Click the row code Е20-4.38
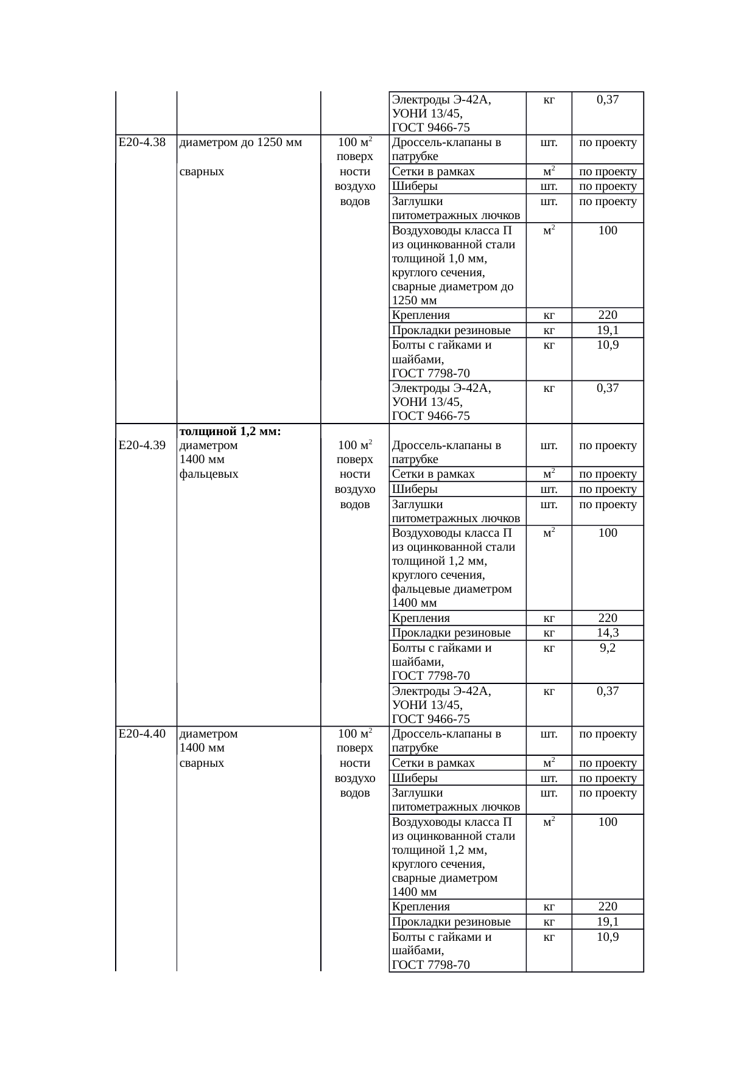pyautogui.click(x=142, y=143)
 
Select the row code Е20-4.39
pyautogui.click(x=142, y=445)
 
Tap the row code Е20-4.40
pyautogui.click(x=142, y=734)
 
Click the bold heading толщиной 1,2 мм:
pyautogui.click(x=230, y=431)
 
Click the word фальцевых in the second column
pyautogui.click(x=209, y=474)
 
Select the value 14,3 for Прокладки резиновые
pyautogui.click(x=607, y=633)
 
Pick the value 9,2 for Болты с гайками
pyautogui.click(x=607, y=648)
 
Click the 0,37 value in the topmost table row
pyautogui.click(x=607, y=99)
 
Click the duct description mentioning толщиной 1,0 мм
pyautogui.click(x=453, y=265)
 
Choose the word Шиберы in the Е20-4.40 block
pyautogui.click(x=415, y=778)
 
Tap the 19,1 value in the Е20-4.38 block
pyautogui.click(x=607, y=330)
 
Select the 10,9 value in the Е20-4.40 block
pyautogui.click(x=607, y=937)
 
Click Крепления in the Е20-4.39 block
pyautogui.click(x=421, y=618)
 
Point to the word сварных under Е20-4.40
pyautogui.click(x=202, y=763)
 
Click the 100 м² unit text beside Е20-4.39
pyautogui.click(x=354, y=445)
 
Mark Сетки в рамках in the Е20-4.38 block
pyautogui.click(x=433, y=172)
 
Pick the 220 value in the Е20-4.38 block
pyautogui.click(x=607, y=315)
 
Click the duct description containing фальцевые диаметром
pyautogui.click(x=453, y=568)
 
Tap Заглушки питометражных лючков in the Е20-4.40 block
pyautogui.click(x=455, y=800)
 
